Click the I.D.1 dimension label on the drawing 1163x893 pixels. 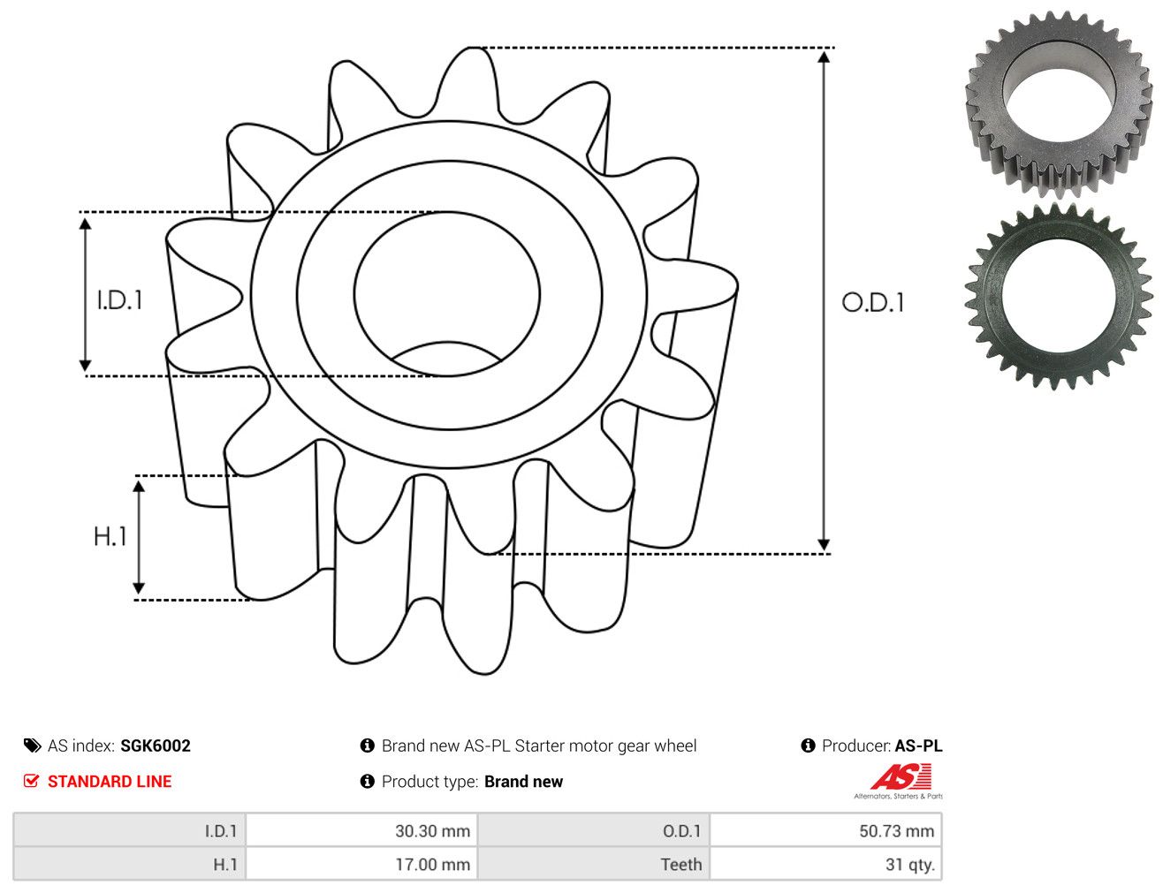(119, 300)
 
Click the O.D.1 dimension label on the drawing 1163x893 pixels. (872, 303)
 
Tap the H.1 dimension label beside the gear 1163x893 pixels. (110, 536)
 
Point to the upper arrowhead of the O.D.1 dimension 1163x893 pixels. (824, 57)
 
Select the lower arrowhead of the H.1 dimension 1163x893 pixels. (139, 588)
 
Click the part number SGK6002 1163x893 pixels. (156, 745)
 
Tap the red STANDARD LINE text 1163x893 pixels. (110, 781)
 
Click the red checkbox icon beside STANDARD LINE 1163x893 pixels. (31, 781)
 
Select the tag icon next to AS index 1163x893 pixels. (32, 745)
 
